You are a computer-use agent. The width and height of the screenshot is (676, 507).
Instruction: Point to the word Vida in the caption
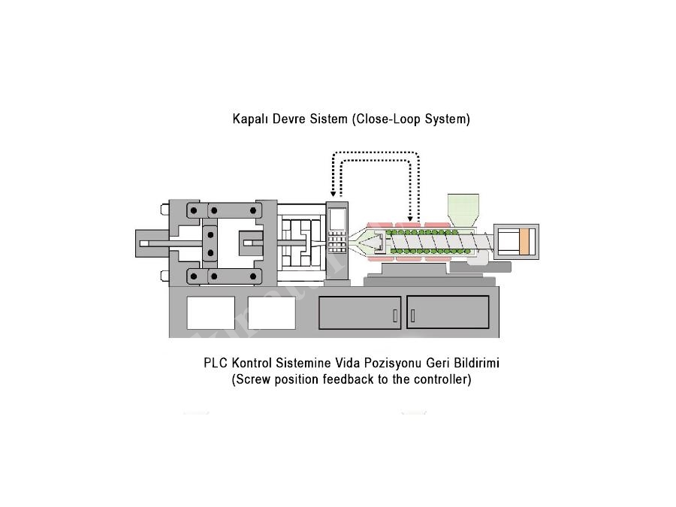[348, 363]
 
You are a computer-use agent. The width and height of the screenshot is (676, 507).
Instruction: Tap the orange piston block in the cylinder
[524, 241]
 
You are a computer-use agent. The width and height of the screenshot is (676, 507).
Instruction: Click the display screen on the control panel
[336, 219]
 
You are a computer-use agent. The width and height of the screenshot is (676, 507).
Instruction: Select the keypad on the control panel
[336, 243]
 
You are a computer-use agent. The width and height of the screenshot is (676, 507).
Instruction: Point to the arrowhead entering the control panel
[333, 194]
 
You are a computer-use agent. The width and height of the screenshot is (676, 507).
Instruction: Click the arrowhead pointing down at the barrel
[410, 218]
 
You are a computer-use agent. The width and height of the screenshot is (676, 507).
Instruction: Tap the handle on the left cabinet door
[395, 316]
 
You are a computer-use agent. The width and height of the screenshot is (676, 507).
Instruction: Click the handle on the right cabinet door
[412, 316]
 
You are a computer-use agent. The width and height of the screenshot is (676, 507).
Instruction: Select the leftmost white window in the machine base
[211, 312]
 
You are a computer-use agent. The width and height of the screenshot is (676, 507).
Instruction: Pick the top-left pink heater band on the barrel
[379, 225]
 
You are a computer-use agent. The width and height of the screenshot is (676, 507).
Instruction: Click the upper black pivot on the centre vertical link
[211, 235]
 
